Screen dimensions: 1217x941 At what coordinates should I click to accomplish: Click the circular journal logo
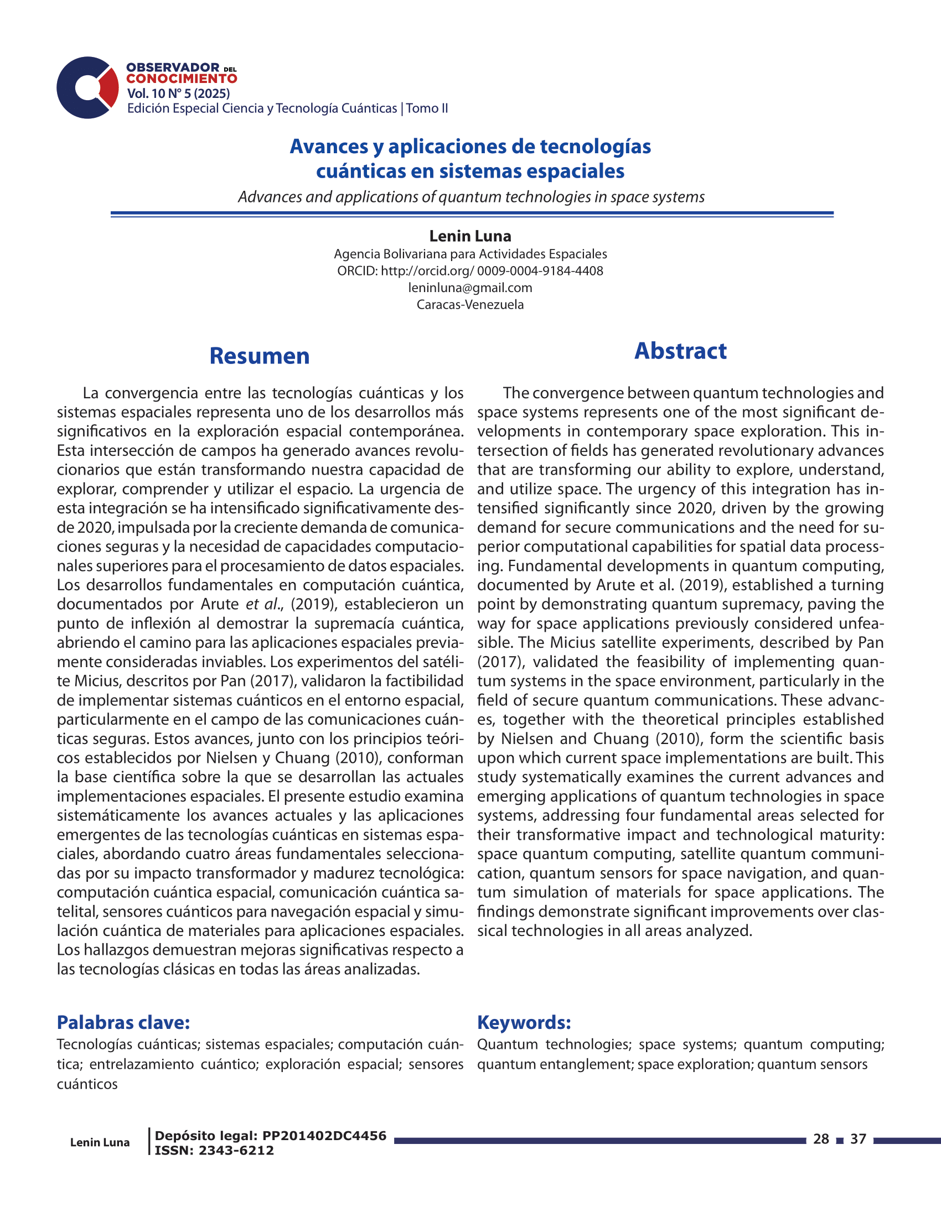coord(87,87)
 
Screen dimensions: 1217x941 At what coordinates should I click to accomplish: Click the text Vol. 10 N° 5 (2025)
coord(178,93)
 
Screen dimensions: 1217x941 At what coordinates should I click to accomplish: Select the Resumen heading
coord(259,356)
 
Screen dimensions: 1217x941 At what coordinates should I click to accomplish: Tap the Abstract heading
coord(680,351)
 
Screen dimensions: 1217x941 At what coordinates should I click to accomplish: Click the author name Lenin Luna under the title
coord(470,236)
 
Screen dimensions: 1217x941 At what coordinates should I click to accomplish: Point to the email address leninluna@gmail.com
coord(470,288)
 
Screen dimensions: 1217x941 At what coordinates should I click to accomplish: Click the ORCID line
coord(470,271)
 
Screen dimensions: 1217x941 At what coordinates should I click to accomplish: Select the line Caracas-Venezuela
coord(470,304)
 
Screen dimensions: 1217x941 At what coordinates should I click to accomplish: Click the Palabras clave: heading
coord(123,1022)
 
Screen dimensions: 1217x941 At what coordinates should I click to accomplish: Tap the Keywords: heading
coord(524,1022)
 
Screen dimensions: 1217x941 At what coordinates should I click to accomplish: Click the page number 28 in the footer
coord(820,1139)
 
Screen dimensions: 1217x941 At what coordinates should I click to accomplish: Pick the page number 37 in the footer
coord(859,1139)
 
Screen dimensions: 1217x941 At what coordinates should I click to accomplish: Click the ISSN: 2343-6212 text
coord(214,1151)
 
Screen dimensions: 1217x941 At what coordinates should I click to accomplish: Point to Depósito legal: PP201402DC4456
coord(270,1136)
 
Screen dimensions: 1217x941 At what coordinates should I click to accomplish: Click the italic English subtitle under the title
coord(471,197)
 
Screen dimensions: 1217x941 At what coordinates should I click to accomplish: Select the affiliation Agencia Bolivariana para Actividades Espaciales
coord(470,254)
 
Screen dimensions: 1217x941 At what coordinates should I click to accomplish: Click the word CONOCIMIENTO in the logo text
coord(182,79)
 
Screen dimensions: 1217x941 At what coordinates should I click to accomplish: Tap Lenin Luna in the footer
coord(100,1142)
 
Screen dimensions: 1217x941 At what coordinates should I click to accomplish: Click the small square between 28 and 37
coord(840,1140)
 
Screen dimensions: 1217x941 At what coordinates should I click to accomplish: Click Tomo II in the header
coord(427,108)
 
